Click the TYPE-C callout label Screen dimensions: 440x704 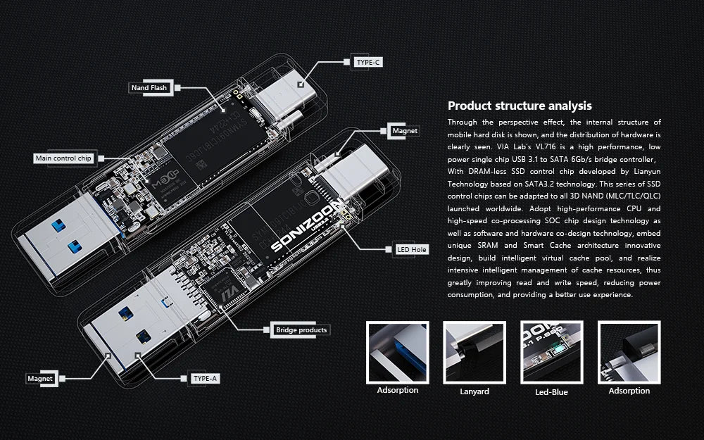[x=368, y=62]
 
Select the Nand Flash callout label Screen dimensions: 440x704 [x=149, y=88]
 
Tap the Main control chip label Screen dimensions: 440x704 [x=63, y=158]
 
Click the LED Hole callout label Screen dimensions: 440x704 [x=411, y=249]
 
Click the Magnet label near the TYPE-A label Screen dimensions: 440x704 [x=40, y=378]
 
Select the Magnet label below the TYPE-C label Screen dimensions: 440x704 [x=405, y=130]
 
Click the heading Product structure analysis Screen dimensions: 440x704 [x=520, y=106]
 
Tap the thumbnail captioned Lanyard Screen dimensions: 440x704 [x=474, y=351]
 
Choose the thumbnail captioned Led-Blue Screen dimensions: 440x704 [x=551, y=351]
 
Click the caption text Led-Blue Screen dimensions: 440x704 [x=551, y=391]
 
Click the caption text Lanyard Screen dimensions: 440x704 [x=474, y=391]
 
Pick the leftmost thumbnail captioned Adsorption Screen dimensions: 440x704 [x=397, y=351]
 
